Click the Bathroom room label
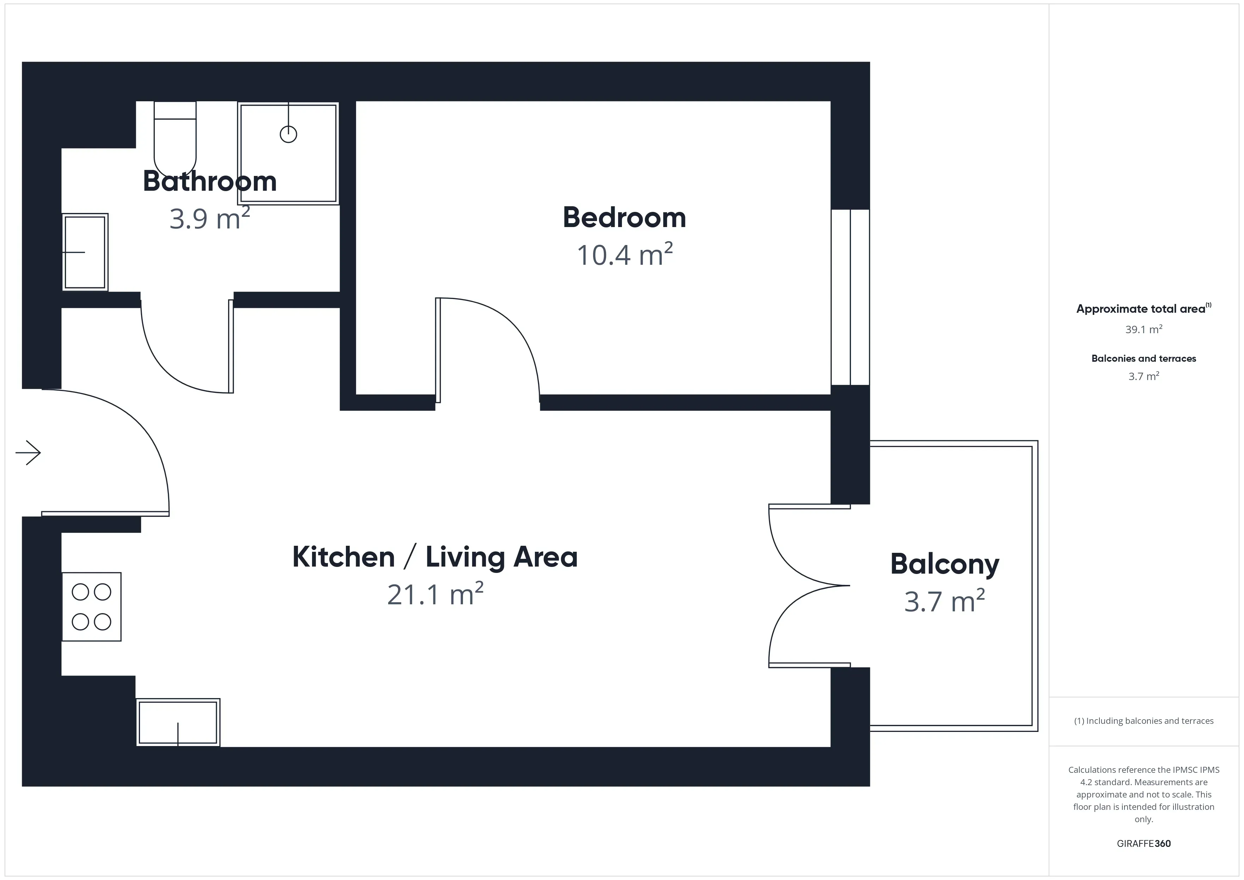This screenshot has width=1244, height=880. [x=210, y=181]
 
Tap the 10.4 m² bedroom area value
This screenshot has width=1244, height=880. [x=625, y=254]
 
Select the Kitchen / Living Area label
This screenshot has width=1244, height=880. [x=435, y=557]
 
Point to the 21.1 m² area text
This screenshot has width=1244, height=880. [x=435, y=594]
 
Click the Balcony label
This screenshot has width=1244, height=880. [x=945, y=564]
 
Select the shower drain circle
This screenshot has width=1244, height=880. [x=288, y=134]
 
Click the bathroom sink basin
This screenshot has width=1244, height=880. [x=85, y=252]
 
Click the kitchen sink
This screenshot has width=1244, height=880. [x=178, y=723]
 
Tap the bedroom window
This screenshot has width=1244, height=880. [x=850, y=297]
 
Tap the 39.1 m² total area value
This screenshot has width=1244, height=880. [x=1144, y=329]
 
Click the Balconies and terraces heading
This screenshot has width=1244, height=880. [x=1144, y=359]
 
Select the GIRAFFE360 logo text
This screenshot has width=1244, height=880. [x=1144, y=844]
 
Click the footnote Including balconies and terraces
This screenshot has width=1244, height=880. [x=1144, y=721]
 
